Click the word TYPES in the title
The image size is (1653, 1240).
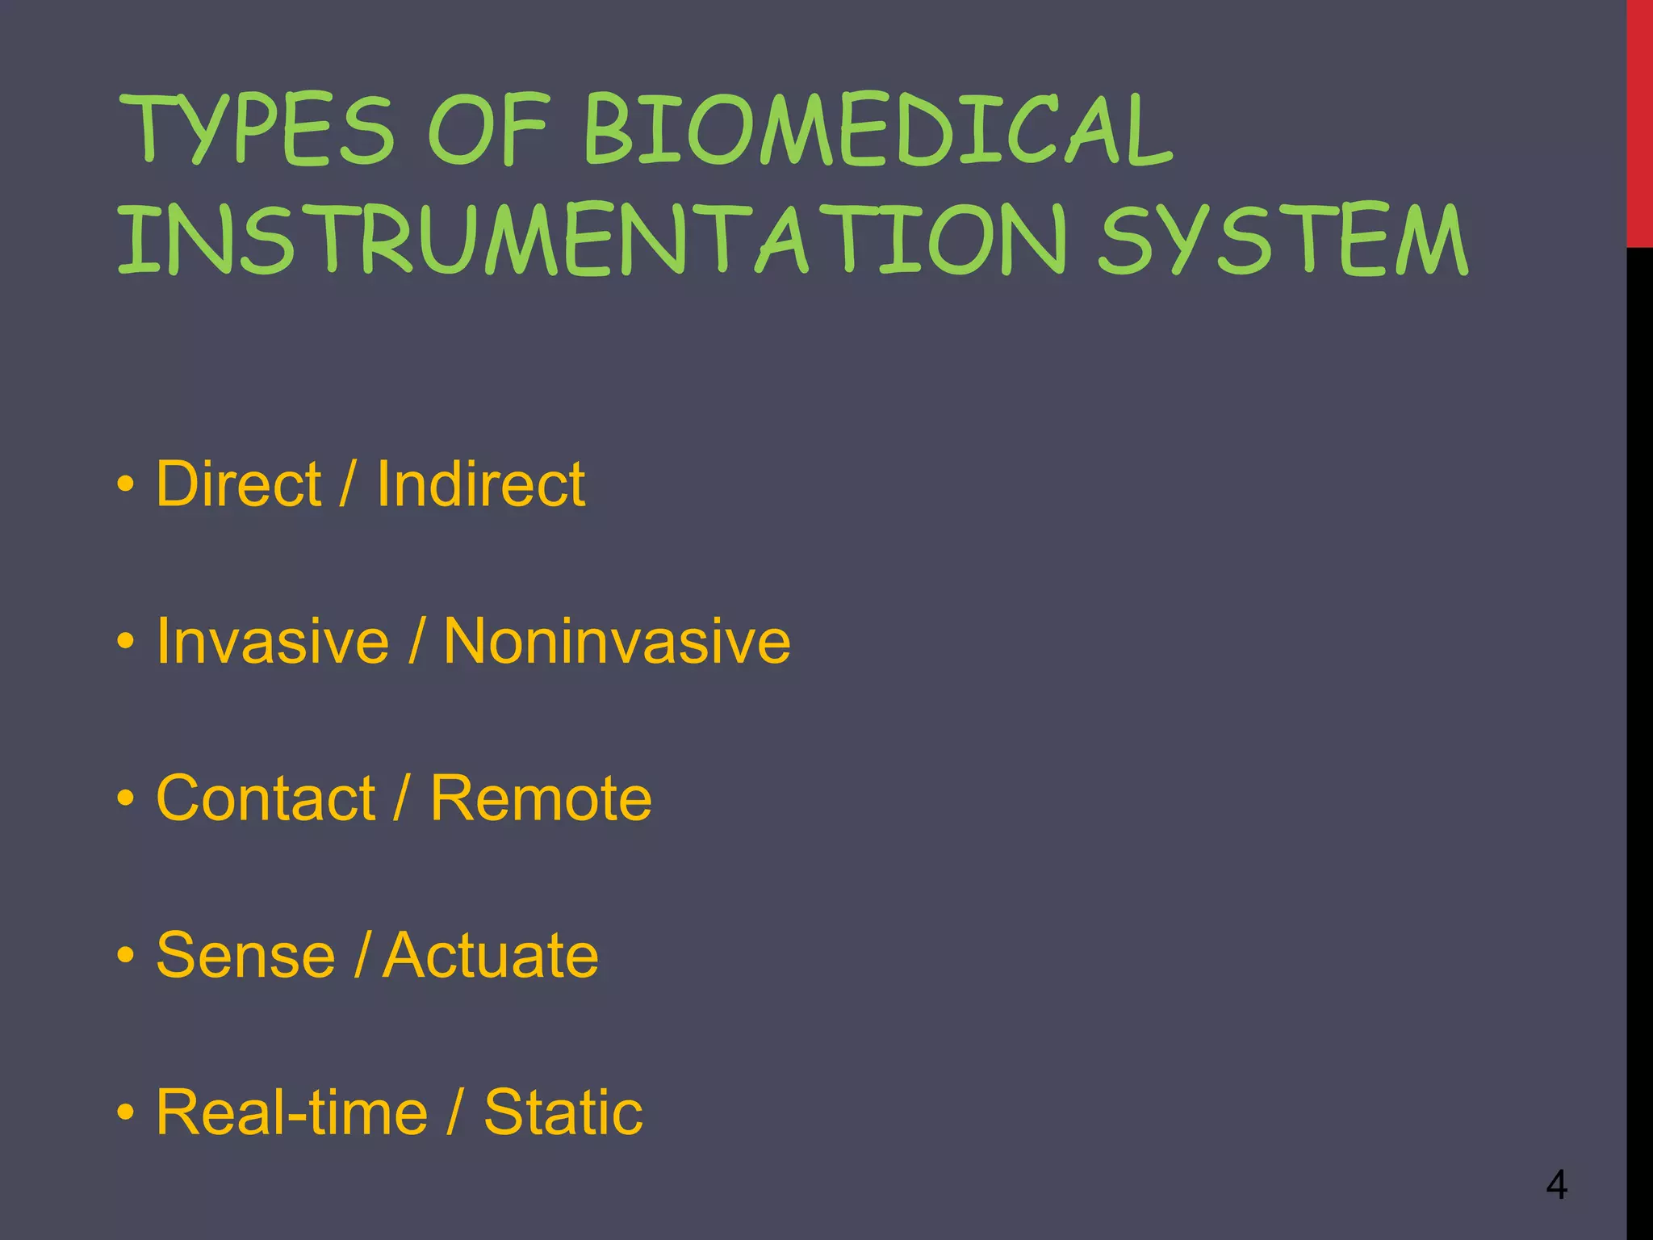click(x=257, y=131)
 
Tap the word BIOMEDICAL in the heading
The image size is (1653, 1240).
click(x=878, y=131)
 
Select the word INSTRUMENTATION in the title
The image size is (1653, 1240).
click(x=593, y=240)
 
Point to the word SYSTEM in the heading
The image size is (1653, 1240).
click(x=1283, y=240)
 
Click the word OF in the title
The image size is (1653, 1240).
click(x=488, y=131)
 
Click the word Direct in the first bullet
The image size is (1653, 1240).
click(x=239, y=484)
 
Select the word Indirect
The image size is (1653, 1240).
click(x=481, y=484)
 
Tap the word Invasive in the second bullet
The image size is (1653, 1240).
click(x=273, y=641)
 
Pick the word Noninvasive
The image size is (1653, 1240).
click(x=617, y=641)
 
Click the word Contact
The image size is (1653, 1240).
click(x=266, y=798)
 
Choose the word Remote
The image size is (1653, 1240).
click(x=541, y=798)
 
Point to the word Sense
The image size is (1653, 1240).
click(x=245, y=956)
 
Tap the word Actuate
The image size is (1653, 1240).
click(x=491, y=956)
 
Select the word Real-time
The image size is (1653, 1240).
click(x=291, y=1112)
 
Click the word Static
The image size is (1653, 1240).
click(x=563, y=1112)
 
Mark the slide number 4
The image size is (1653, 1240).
click(x=1557, y=1185)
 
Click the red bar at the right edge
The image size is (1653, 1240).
click(x=1639, y=121)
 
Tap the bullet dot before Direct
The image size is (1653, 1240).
click(x=125, y=485)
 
